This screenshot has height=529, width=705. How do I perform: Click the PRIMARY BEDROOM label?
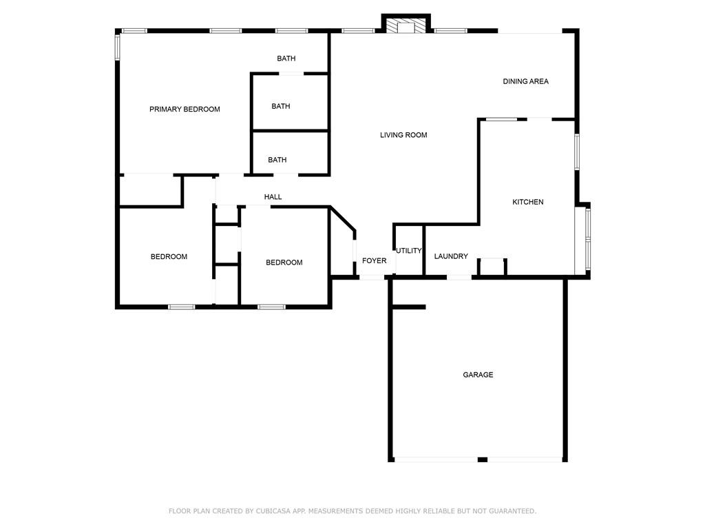(185, 109)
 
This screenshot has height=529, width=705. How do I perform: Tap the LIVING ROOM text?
(403, 135)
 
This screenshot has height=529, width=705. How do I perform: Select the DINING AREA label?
(525, 81)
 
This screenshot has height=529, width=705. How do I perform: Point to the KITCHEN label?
(527, 202)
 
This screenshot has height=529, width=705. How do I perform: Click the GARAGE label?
(477, 375)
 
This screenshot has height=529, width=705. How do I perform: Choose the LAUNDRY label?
(451, 256)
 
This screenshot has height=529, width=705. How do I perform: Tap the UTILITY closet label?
(408, 251)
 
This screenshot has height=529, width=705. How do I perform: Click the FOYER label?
(375, 261)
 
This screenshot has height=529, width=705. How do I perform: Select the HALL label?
(273, 197)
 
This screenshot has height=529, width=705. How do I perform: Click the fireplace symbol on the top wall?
(406, 26)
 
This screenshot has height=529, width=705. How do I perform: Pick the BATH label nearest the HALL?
(277, 160)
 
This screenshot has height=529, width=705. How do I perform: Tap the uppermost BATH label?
(286, 59)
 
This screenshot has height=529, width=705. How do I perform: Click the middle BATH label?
(280, 106)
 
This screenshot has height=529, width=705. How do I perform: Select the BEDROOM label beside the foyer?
(284, 262)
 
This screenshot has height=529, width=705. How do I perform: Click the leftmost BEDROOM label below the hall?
(169, 257)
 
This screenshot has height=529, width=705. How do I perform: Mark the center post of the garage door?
(482, 459)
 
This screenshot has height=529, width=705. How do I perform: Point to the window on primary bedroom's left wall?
(117, 48)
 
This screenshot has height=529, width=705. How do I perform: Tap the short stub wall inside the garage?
(408, 307)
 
